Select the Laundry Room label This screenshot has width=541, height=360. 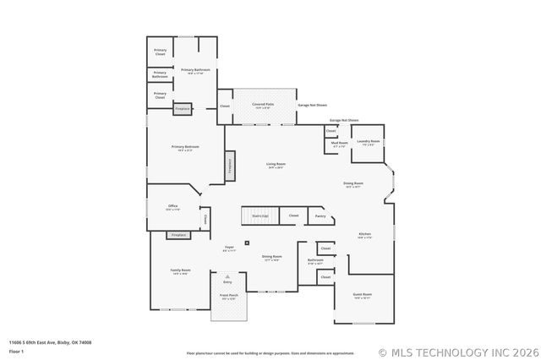[x=368, y=142]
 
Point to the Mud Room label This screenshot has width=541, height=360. [x=339, y=145]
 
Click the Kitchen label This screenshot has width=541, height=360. [x=364, y=235]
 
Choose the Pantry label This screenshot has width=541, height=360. [x=320, y=216]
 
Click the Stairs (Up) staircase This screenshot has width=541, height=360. [x=260, y=216]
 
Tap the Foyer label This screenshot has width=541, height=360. [x=229, y=248]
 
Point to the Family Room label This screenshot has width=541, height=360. [x=181, y=271]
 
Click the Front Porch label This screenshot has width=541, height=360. [x=229, y=297]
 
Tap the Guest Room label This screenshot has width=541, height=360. [x=363, y=296]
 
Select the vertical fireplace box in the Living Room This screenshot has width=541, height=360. [x=229, y=166]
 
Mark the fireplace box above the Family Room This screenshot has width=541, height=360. [x=178, y=235]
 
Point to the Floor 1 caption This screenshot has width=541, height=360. [x=17, y=350]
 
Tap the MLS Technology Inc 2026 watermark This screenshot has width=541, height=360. [x=457, y=352]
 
